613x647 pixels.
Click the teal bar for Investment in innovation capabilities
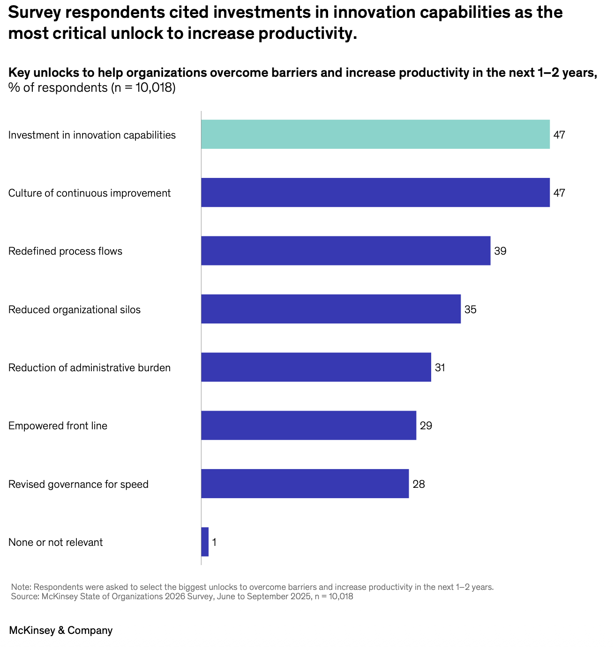375,134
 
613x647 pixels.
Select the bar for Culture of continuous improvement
375,192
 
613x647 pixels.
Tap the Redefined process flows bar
346,251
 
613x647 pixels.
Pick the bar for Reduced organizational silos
331,309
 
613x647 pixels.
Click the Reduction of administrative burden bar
316,367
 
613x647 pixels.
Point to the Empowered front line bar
309,426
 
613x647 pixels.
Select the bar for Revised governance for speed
305,484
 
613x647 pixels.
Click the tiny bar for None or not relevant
205,542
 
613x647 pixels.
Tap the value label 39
500,251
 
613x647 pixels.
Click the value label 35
471,309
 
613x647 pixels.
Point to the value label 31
440,368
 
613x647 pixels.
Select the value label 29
426,426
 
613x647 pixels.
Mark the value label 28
419,484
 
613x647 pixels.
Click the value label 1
214,542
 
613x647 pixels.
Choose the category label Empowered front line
58,426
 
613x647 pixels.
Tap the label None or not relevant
55,542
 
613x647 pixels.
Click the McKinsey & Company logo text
60,630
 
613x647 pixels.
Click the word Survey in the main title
35,13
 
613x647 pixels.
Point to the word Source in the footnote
25,596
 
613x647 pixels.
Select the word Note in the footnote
21,587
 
